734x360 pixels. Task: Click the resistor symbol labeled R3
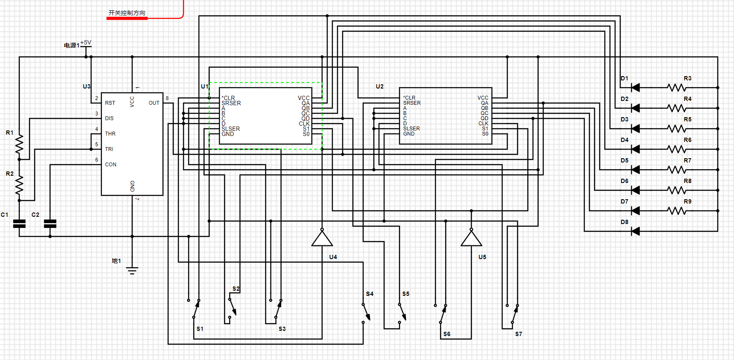(x=677, y=88)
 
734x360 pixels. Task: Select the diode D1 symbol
(x=636, y=88)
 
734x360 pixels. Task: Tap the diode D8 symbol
(x=636, y=231)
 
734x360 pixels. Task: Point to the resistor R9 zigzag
(x=677, y=211)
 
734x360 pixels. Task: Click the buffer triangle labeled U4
(x=322, y=238)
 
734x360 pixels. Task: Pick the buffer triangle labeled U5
(x=471, y=238)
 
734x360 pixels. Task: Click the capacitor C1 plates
(x=19, y=224)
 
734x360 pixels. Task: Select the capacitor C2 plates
(x=50, y=224)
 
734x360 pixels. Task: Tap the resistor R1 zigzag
(x=19, y=144)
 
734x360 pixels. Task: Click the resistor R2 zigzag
(x=19, y=185)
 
